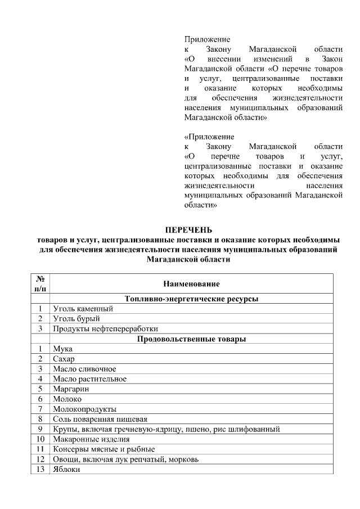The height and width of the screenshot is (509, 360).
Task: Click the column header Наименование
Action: click(191, 283)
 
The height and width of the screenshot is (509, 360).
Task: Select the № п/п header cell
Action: click(40, 283)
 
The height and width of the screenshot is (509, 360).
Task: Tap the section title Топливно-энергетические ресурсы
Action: click(191, 299)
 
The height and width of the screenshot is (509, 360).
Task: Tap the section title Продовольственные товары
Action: click(191, 339)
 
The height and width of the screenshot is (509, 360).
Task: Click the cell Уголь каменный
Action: click(83, 309)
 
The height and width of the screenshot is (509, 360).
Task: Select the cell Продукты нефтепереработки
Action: click(106, 328)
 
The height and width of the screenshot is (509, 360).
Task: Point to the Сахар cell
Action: click(64, 359)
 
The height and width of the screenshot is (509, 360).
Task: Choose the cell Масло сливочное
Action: click(84, 369)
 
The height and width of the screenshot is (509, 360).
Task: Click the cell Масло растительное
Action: click(90, 379)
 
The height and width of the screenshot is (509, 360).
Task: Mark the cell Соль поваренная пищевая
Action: click(100, 419)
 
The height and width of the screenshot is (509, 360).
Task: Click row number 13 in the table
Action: click(40, 469)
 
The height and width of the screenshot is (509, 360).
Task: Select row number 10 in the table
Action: click(40, 439)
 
